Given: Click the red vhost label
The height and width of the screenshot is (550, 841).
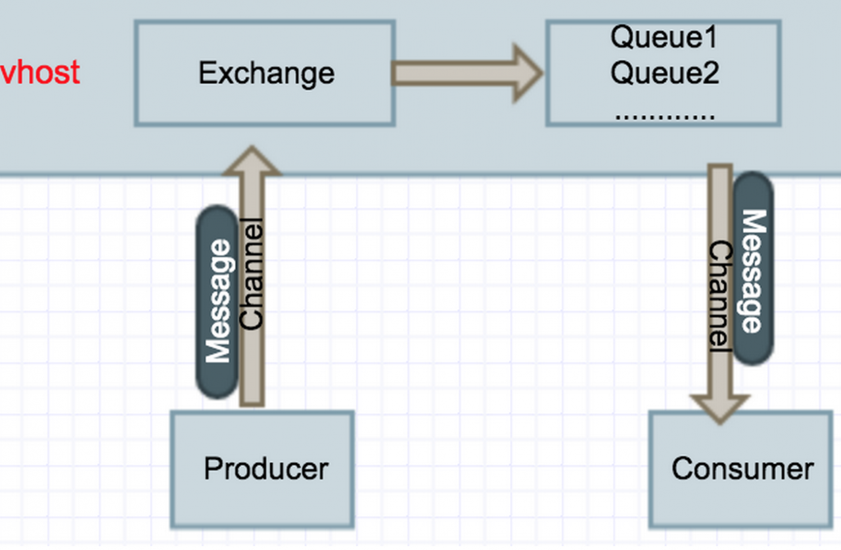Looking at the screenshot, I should click(x=41, y=72).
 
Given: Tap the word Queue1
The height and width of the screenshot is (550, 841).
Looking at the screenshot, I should click(x=664, y=37).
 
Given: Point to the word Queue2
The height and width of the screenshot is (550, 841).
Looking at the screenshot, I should click(x=664, y=72).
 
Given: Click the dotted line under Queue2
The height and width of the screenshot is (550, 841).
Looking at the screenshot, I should click(x=664, y=116).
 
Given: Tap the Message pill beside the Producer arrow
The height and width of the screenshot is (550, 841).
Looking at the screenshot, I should click(x=217, y=302).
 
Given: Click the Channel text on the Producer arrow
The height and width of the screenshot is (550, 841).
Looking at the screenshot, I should click(x=252, y=275).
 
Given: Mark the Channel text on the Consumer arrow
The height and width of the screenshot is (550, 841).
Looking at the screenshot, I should click(x=720, y=296).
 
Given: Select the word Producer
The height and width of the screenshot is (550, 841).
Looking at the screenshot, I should click(x=265, y=469).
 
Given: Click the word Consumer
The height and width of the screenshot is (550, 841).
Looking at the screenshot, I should click(x=742, y=469).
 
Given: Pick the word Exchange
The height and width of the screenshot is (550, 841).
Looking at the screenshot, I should click(x=266, y=73).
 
